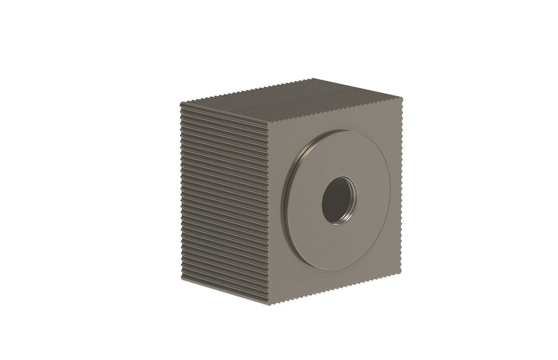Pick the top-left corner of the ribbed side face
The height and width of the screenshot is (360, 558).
coord(181,103)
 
